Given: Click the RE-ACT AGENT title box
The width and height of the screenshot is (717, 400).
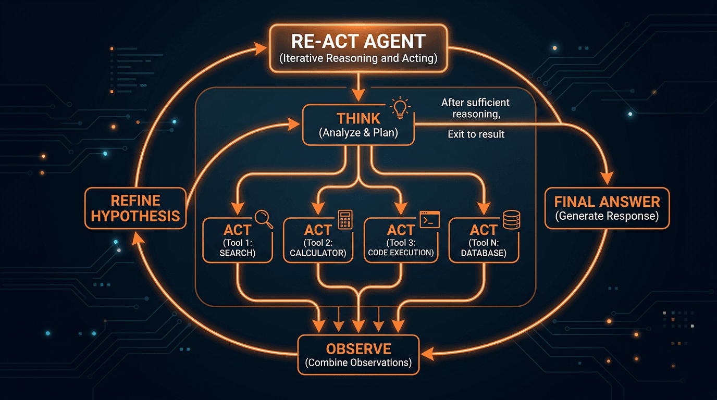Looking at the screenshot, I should click(358, 48).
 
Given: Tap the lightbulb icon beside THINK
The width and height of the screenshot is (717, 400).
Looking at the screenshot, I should click(400, 106).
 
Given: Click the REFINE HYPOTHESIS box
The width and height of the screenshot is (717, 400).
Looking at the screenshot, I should click(135, 208).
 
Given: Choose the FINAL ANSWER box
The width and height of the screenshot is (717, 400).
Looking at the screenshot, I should click(607, 208).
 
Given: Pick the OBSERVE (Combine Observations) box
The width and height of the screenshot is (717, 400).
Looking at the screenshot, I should click(358, 355).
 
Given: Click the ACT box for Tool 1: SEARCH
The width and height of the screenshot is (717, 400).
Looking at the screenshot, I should click(237, 240).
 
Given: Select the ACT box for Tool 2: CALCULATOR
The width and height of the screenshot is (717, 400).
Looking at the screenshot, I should click(317, 240).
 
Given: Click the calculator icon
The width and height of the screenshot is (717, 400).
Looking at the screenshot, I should click(344, 219).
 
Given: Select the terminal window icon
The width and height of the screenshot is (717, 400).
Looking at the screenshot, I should click(430, 219).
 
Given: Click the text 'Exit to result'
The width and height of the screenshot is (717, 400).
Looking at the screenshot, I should click(476, 134).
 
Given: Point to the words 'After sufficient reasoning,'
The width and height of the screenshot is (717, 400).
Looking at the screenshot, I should click(475, 108).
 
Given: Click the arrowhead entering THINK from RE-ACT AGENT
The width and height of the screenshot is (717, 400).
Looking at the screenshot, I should click(358, 95).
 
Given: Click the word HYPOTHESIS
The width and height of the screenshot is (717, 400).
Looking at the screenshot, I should click(135, 216).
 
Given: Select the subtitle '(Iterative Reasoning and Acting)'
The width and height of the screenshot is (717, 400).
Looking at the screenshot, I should click(358, 58).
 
